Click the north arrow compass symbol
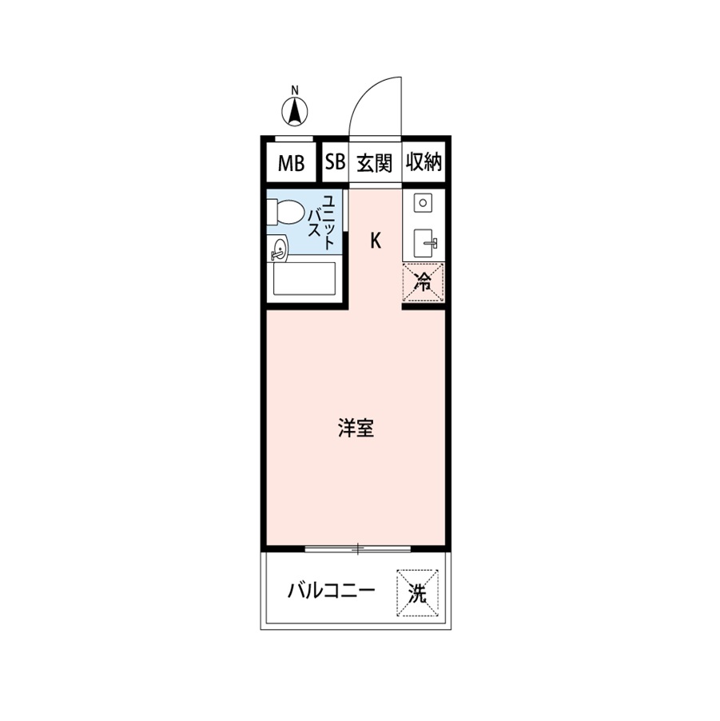click(x=295, y=111)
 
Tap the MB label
click(x=291, y=164)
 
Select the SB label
click(x=335, y=163)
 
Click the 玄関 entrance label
click(x=374, y=163)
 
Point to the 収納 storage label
click(x=424, y=163)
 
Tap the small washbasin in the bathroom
click(x=279, y=250)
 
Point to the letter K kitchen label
click(x=375, y=240)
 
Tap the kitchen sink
click(x=424, y=241)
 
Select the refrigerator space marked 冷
click(x=423, y=282)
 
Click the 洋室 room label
click(x=356, y=429)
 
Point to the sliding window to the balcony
click(x=358, y=548)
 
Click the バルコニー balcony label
click(x=331, y=593)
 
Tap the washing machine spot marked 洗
click(x=417, y=593)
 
